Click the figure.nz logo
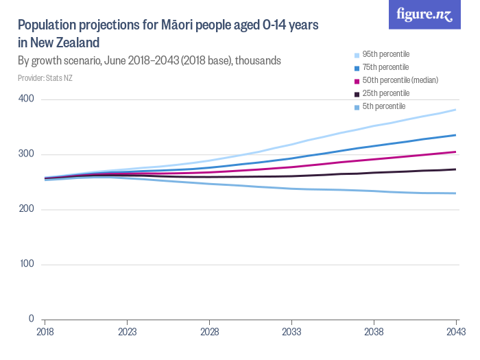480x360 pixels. pos(424,14)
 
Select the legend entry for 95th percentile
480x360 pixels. pos(385,54)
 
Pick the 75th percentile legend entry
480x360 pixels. pos(385,67)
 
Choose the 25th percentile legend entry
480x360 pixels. pos(385,93)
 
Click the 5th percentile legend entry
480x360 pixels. pos(384,106)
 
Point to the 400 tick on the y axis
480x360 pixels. pos(27,99)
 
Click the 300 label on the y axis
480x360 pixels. pos(27,154)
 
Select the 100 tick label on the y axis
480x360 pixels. pos(27,264)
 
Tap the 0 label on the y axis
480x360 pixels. pos(32,319)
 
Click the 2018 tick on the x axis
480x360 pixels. pos(45,331)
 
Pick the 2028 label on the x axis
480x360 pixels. pos(209,331)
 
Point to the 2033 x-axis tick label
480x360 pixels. pos(291,331)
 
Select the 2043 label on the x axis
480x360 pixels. pos(456,331)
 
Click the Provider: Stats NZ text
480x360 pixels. pos(45,78)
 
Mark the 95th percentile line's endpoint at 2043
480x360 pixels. pos(456,110)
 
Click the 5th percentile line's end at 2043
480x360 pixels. pos(456,193)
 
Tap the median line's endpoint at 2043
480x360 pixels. pos(456,152)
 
